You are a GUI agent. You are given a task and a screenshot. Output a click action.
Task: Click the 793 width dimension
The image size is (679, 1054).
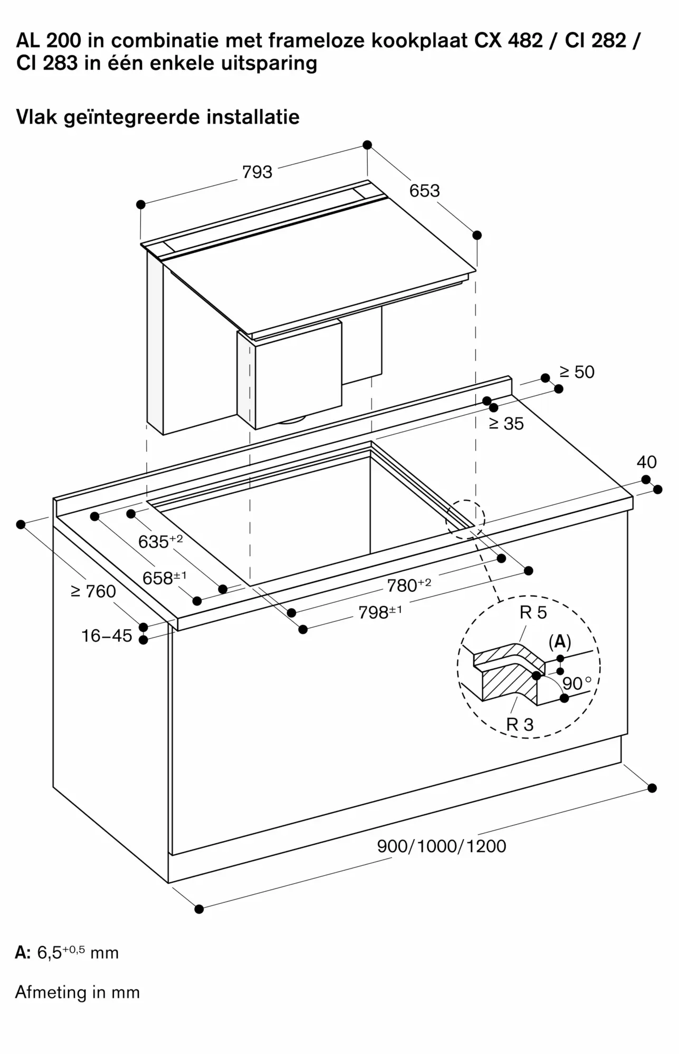pyautogui.click(x=257, y=172)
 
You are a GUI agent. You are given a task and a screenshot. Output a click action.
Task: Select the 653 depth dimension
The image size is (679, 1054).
pyautogui.click(x=425, y=190)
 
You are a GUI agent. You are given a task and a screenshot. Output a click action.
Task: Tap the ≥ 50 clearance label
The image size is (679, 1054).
pyautogui.click(x=577, y=372)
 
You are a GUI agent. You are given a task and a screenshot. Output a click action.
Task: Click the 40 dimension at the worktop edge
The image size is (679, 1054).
pyautogui.click(x=646, y=462)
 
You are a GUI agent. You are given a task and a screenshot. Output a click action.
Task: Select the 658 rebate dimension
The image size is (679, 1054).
pyautogui.click(x=165, y=578)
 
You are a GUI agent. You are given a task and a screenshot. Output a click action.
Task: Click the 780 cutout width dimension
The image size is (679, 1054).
pyautogui.click(x=409, y=584)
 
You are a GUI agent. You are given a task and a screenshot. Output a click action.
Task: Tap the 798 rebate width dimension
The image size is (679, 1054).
pyautogui.click(x=380, y=612)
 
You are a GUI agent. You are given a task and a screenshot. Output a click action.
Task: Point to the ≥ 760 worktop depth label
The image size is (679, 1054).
pyautogui.click(x=93, y=591)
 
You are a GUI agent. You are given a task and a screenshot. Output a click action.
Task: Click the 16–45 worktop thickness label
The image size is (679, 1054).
pyautogui.click(x=107, y=636)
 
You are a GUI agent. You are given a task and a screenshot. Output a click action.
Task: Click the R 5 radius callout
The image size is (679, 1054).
pyautogui.click(x=533, y=612)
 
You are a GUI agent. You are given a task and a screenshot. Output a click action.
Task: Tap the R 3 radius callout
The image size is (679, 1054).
pyautogui.click(x=520, y=724)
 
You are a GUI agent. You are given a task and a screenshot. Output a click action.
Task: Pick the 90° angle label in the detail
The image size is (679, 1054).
pyautogui.click(x=577, y=684)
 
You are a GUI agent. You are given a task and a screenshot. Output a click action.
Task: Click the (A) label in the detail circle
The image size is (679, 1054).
pyautogui.click(x=560, y=641)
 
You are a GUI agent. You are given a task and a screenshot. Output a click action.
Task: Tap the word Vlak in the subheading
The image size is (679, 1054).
pyautogui.click(x=36, y=116)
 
